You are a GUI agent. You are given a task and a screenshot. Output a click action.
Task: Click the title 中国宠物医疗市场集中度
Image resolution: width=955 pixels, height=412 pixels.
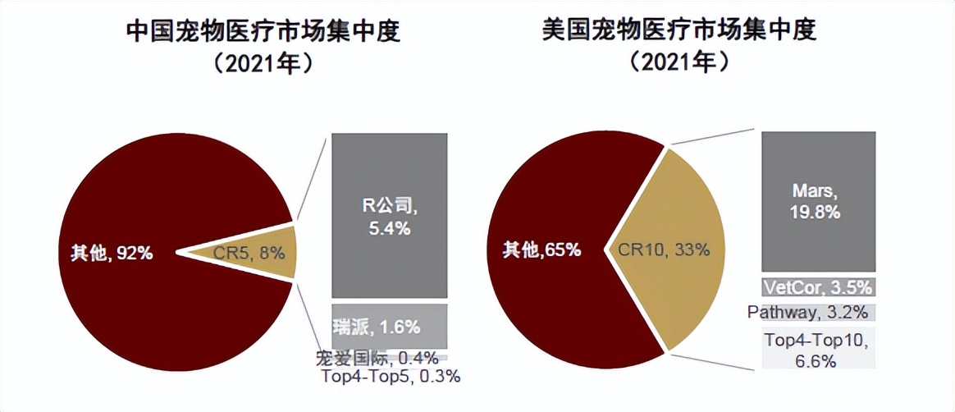[263, 31]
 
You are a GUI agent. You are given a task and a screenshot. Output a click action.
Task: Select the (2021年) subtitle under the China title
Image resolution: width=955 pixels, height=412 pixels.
[263, 64]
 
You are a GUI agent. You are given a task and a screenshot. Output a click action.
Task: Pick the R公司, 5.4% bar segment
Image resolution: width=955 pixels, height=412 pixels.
[389, 215]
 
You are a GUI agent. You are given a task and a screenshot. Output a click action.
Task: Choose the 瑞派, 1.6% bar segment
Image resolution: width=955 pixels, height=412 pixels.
[389, 326]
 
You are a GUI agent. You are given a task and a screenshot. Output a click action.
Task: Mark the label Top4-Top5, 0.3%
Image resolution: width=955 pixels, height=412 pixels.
[391, 377]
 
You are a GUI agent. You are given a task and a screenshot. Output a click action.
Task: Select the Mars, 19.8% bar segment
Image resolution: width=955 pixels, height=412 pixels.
[819, 201]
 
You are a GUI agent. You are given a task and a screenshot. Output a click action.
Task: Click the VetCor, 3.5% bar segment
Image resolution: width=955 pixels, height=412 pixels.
[819, 286]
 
